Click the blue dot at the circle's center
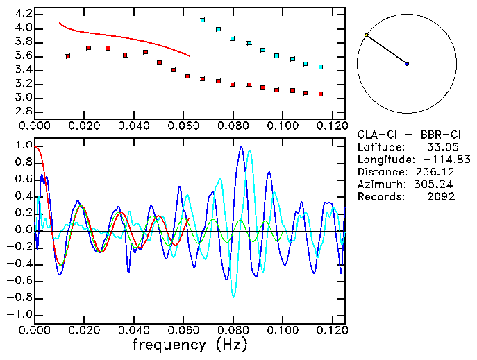(407, 64)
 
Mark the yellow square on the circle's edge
(367, 35)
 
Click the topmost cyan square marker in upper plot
(203, 20)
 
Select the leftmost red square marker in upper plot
(67, 55)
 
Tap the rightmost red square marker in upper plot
(320, 94)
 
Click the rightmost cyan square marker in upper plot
(320, 67)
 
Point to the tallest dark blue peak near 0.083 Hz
(241, 147)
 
